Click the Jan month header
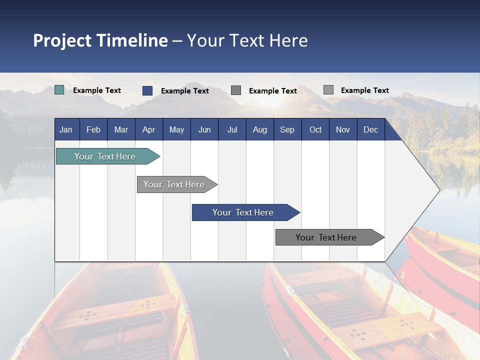(66, 129)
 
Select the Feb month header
(93, 129)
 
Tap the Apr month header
(148, 129)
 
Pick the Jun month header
(204, 129)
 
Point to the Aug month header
(259, 129)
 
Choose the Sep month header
(287, 129)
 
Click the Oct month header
(315, 129)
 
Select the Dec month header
(370, 129)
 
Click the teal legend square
(59, 90)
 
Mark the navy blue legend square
(147, 90)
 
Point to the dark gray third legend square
(236, 90)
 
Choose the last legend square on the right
(328, 90)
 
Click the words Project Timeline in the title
(100, 40)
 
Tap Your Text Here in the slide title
(247, 40)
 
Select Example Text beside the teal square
(97, 90)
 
